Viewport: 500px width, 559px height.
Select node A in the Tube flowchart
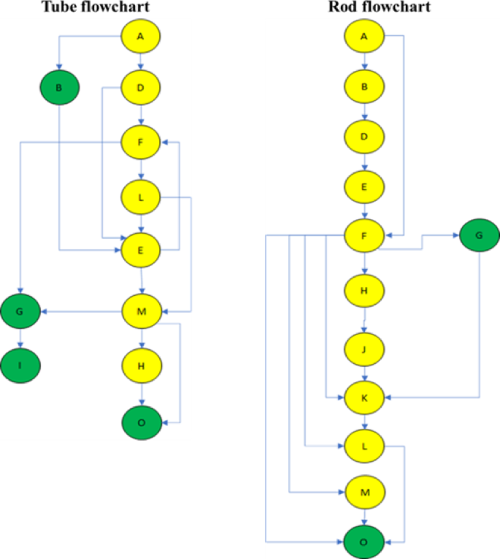140,35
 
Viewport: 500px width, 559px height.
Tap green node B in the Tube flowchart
59,88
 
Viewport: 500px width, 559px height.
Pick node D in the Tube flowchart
140,88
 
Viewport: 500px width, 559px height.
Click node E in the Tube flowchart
140,251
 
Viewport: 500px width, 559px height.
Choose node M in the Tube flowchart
140,312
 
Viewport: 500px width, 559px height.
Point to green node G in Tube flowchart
20,312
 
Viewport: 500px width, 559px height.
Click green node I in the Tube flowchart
20,362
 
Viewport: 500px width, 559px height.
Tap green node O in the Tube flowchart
140,422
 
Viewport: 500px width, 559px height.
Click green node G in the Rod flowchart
480,236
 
